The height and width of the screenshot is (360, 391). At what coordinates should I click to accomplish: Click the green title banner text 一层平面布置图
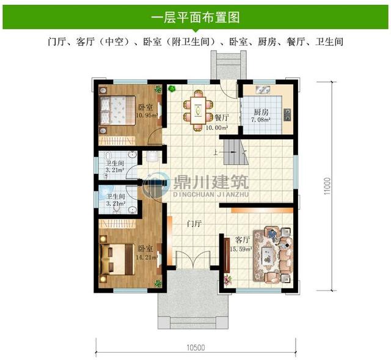tap(195, 15)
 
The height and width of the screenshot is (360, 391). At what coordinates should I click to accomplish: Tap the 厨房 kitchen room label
tap(261, 112)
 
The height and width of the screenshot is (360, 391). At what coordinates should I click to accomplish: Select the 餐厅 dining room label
tap(222, 118)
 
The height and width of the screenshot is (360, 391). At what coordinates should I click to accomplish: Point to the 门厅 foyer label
tap(195, 223)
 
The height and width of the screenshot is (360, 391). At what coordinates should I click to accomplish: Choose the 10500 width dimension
tap(195, 348)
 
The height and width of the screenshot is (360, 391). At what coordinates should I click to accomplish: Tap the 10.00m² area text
tap(217, 128)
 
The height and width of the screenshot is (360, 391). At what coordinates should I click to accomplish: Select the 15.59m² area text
tap(241, 250)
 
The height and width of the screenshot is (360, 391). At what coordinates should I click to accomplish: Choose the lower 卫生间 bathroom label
tap(115, 197)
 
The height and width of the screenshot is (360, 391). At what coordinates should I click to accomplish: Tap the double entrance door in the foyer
tap(189, 261)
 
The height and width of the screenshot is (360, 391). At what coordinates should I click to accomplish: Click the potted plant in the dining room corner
tap(174, 90)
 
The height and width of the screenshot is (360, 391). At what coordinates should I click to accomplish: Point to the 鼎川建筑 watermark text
tap(208, 181)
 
